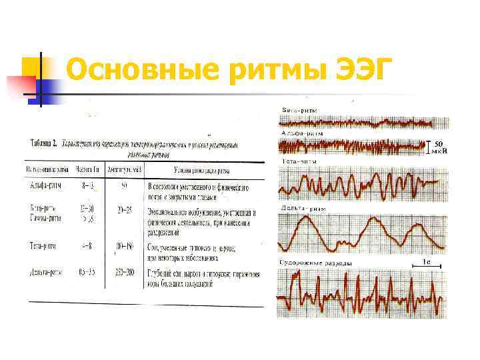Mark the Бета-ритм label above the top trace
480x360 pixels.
(x=299, y=109)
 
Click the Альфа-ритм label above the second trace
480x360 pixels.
(x=302, y=133)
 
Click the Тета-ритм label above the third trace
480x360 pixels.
(x=299, y=161)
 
